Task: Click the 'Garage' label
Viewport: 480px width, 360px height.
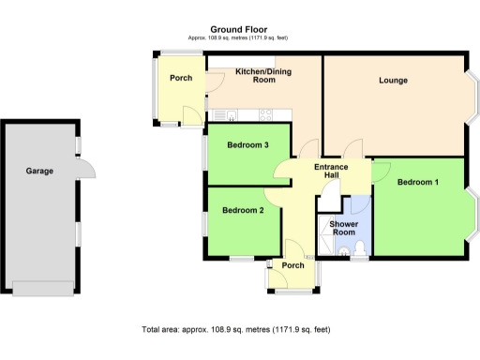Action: pyautogui.click(x=38, y=172)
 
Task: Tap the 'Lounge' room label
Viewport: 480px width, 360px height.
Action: pyautogui.click(x=393, y=81)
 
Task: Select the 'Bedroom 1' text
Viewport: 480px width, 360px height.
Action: pyautogui.click(x=417, y=181)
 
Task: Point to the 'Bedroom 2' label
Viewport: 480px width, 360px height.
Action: pyautogui.click(x=243, y=211)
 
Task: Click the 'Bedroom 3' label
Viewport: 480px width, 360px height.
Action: pyautogui.click(x=248, y=145)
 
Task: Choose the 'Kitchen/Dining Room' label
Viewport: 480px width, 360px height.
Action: pyautogui.click(x=262, y=76)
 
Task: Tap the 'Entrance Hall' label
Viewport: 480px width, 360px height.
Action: pyautogui.click(x=331, y=171)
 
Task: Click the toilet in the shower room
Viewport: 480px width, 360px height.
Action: pyautogui.click(x=359, y=248)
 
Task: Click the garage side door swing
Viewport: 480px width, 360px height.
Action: pyautogui.click(x=84, y=169)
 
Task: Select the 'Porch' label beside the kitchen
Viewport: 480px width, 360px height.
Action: pyautogui.click(x=181, y=78)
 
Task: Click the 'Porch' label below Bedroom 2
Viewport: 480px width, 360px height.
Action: pyautogui.click(x=292, y=265)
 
